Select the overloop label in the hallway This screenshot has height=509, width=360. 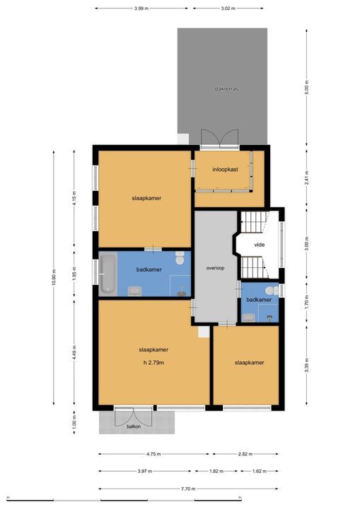[215, 269]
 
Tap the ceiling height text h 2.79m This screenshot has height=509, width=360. [153, 363]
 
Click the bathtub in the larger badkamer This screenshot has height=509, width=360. [108, 274]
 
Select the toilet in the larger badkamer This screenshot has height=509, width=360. [180, 260]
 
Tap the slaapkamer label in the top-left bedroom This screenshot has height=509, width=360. [146, 198]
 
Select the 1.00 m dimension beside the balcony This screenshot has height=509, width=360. [74, 421]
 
